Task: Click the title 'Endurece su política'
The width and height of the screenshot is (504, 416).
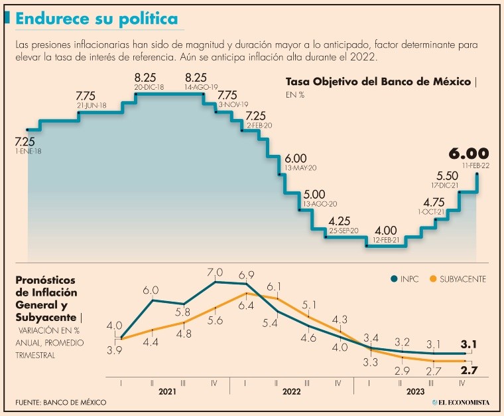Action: pyautogui.click(x=97, y=19)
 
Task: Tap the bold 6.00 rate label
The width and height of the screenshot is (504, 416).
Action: pyautogui.click(x=468, y=154)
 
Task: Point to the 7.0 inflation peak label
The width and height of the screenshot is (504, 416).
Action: pyautogui.click(x=216, y=272)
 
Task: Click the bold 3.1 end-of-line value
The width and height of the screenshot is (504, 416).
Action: pyautogui.click(x=470, y=344)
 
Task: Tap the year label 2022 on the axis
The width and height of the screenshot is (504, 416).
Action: pyautogui.click(x=292, y=392)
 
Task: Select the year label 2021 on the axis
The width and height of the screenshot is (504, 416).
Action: pyautogui.click(x=167, y=392)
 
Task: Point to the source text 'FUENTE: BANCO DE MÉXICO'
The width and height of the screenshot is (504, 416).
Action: pyautogui.click(x=60, y=403)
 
